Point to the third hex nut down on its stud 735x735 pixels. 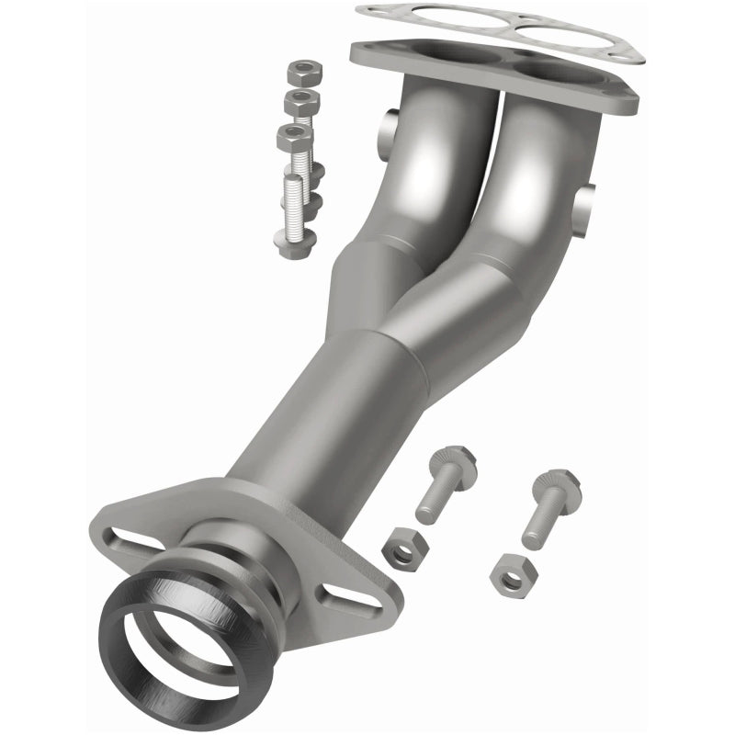tap(294, 138)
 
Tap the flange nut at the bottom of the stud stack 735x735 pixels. tap(294, 242)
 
